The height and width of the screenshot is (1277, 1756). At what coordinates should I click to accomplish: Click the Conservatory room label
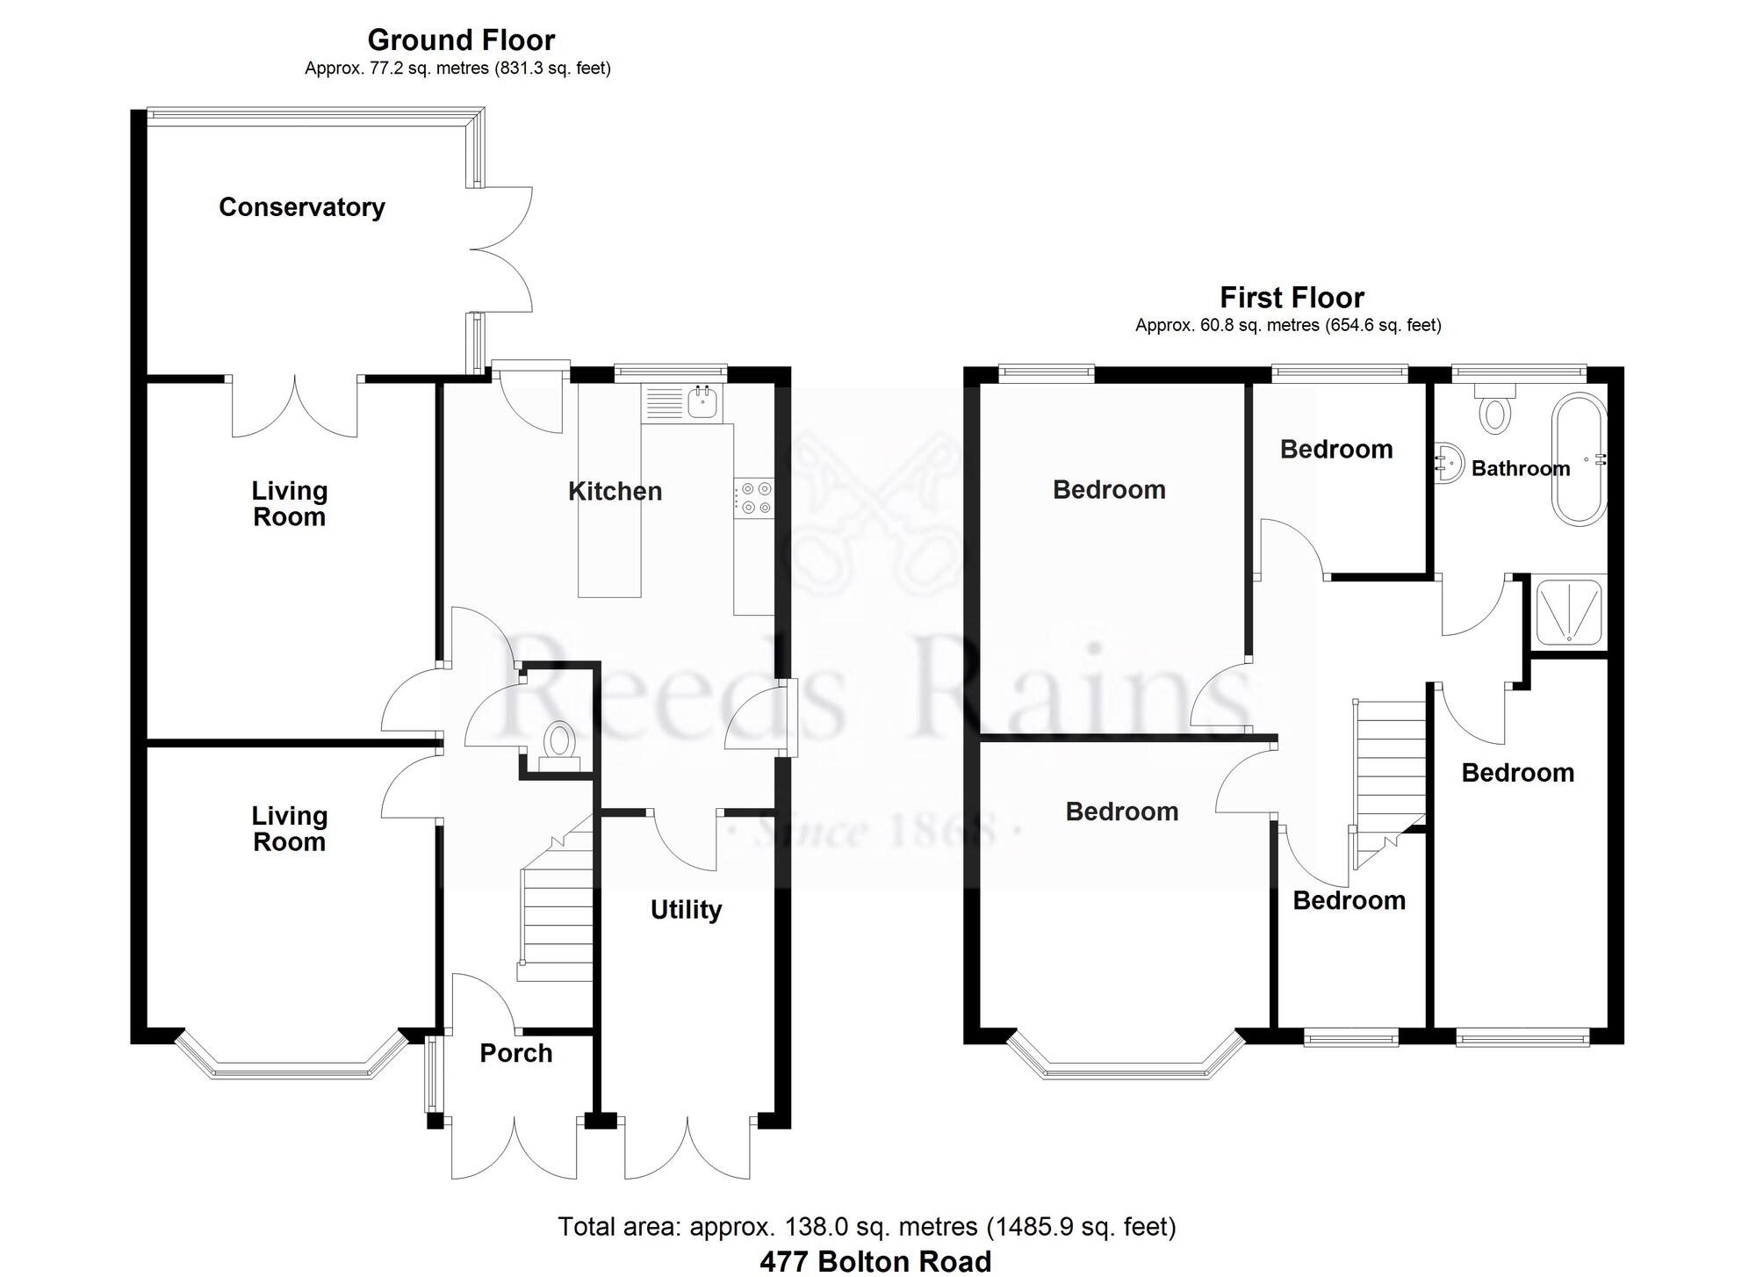click(x=301, y=207)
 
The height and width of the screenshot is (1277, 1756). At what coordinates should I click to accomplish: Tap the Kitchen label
click(x=615, y=491)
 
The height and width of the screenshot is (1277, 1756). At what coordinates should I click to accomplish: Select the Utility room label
click(x=686, y=909)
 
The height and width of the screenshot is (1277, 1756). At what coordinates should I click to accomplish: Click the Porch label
click(x=515, y=1052)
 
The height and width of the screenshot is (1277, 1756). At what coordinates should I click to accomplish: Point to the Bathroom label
click(x=1520, y=468)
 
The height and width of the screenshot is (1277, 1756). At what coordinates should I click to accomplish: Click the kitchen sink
click(x=703, y=402)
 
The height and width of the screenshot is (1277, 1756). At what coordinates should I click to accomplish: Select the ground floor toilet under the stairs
click(x=558, y=743)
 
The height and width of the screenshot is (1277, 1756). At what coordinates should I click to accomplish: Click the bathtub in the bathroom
click(x=1578, y=459)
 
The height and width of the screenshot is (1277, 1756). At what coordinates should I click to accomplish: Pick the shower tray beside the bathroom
click(x=1568, y=611)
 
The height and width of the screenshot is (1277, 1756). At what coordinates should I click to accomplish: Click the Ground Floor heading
click(x=460, y=40)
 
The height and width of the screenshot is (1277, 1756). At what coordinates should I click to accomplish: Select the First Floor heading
click(x=1292, y=298)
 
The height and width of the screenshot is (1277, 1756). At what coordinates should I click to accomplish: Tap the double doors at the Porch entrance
click(x=515, y=1146)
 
